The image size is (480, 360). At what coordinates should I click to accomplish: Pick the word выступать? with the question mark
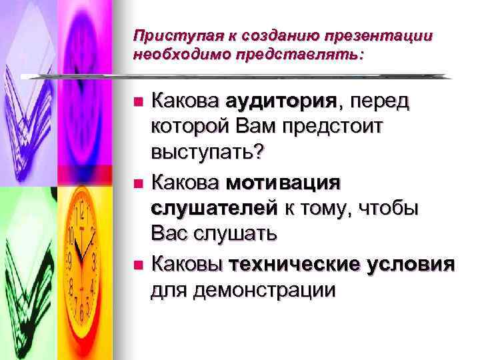coord(207,153)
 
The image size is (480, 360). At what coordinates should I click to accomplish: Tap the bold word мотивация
coord(283,181)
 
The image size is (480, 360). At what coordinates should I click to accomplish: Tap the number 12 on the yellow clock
coord(81,215)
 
